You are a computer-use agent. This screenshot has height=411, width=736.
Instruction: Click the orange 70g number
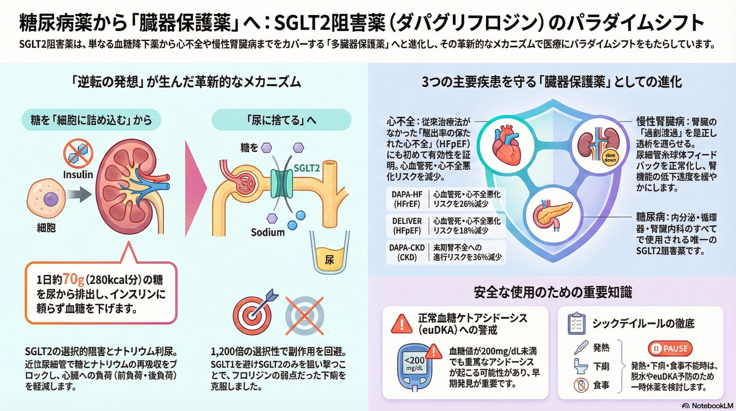(73, 279)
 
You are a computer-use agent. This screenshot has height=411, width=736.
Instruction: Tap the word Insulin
(78, 174)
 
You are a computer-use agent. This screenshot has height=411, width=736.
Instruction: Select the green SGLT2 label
(306, 168)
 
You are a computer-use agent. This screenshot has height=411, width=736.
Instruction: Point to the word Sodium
(268, 232)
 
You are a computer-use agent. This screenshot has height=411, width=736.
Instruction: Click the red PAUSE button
(670, 348)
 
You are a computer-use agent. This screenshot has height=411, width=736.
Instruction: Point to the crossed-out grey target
(305, 316)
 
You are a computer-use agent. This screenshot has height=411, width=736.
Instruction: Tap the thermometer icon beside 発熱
(581, 348)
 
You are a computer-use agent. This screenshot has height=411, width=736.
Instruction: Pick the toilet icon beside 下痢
(581, 366)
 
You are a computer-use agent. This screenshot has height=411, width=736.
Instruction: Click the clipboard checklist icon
(576, 324)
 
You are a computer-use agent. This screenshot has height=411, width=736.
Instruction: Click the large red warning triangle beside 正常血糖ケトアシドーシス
(402, 324)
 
